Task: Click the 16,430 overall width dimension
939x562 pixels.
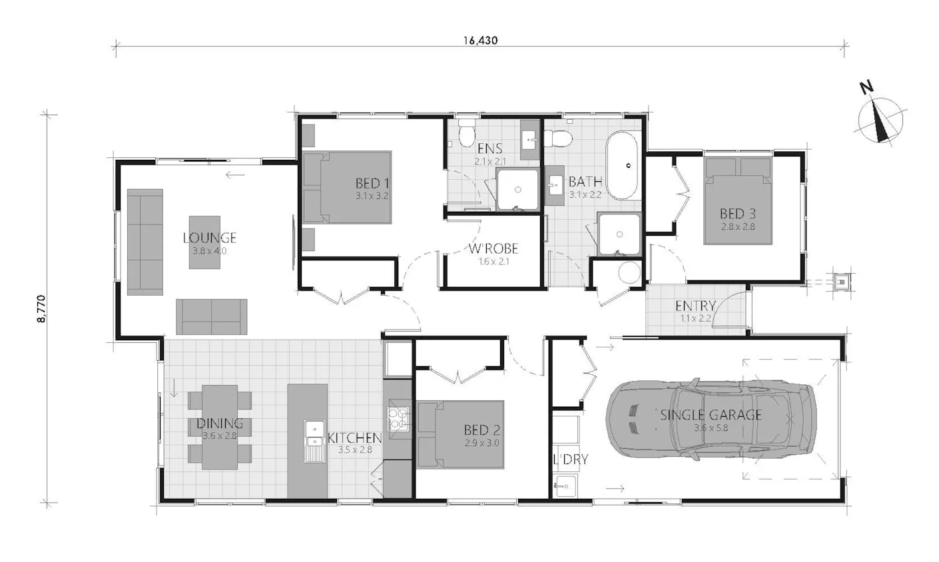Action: tap(480, 40)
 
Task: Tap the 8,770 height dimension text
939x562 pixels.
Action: tap(41, 309)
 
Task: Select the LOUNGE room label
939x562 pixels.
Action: tap(210, 238)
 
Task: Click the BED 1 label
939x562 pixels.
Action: tap(372, 183)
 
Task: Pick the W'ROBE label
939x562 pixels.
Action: tap(493, 248)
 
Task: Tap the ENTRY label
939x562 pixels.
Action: tap(695, 306)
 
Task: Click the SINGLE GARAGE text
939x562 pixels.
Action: tap(711, 415)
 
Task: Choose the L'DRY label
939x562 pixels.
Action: tap(571, 459)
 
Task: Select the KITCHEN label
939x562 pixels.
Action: tap(355, 438)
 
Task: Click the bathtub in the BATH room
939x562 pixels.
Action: tap(622, 166)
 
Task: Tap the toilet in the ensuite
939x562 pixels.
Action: tap(466, 133)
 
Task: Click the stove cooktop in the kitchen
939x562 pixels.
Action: tap(398, 419)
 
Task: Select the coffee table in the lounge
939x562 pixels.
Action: tap(204, 242)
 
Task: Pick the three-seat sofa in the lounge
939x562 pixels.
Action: tap(145, 242)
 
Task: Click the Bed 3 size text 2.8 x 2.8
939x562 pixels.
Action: tap(738, 226)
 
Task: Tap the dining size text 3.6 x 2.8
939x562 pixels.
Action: tap(220, 436)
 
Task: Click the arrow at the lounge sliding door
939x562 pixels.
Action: tap(234, 174)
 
